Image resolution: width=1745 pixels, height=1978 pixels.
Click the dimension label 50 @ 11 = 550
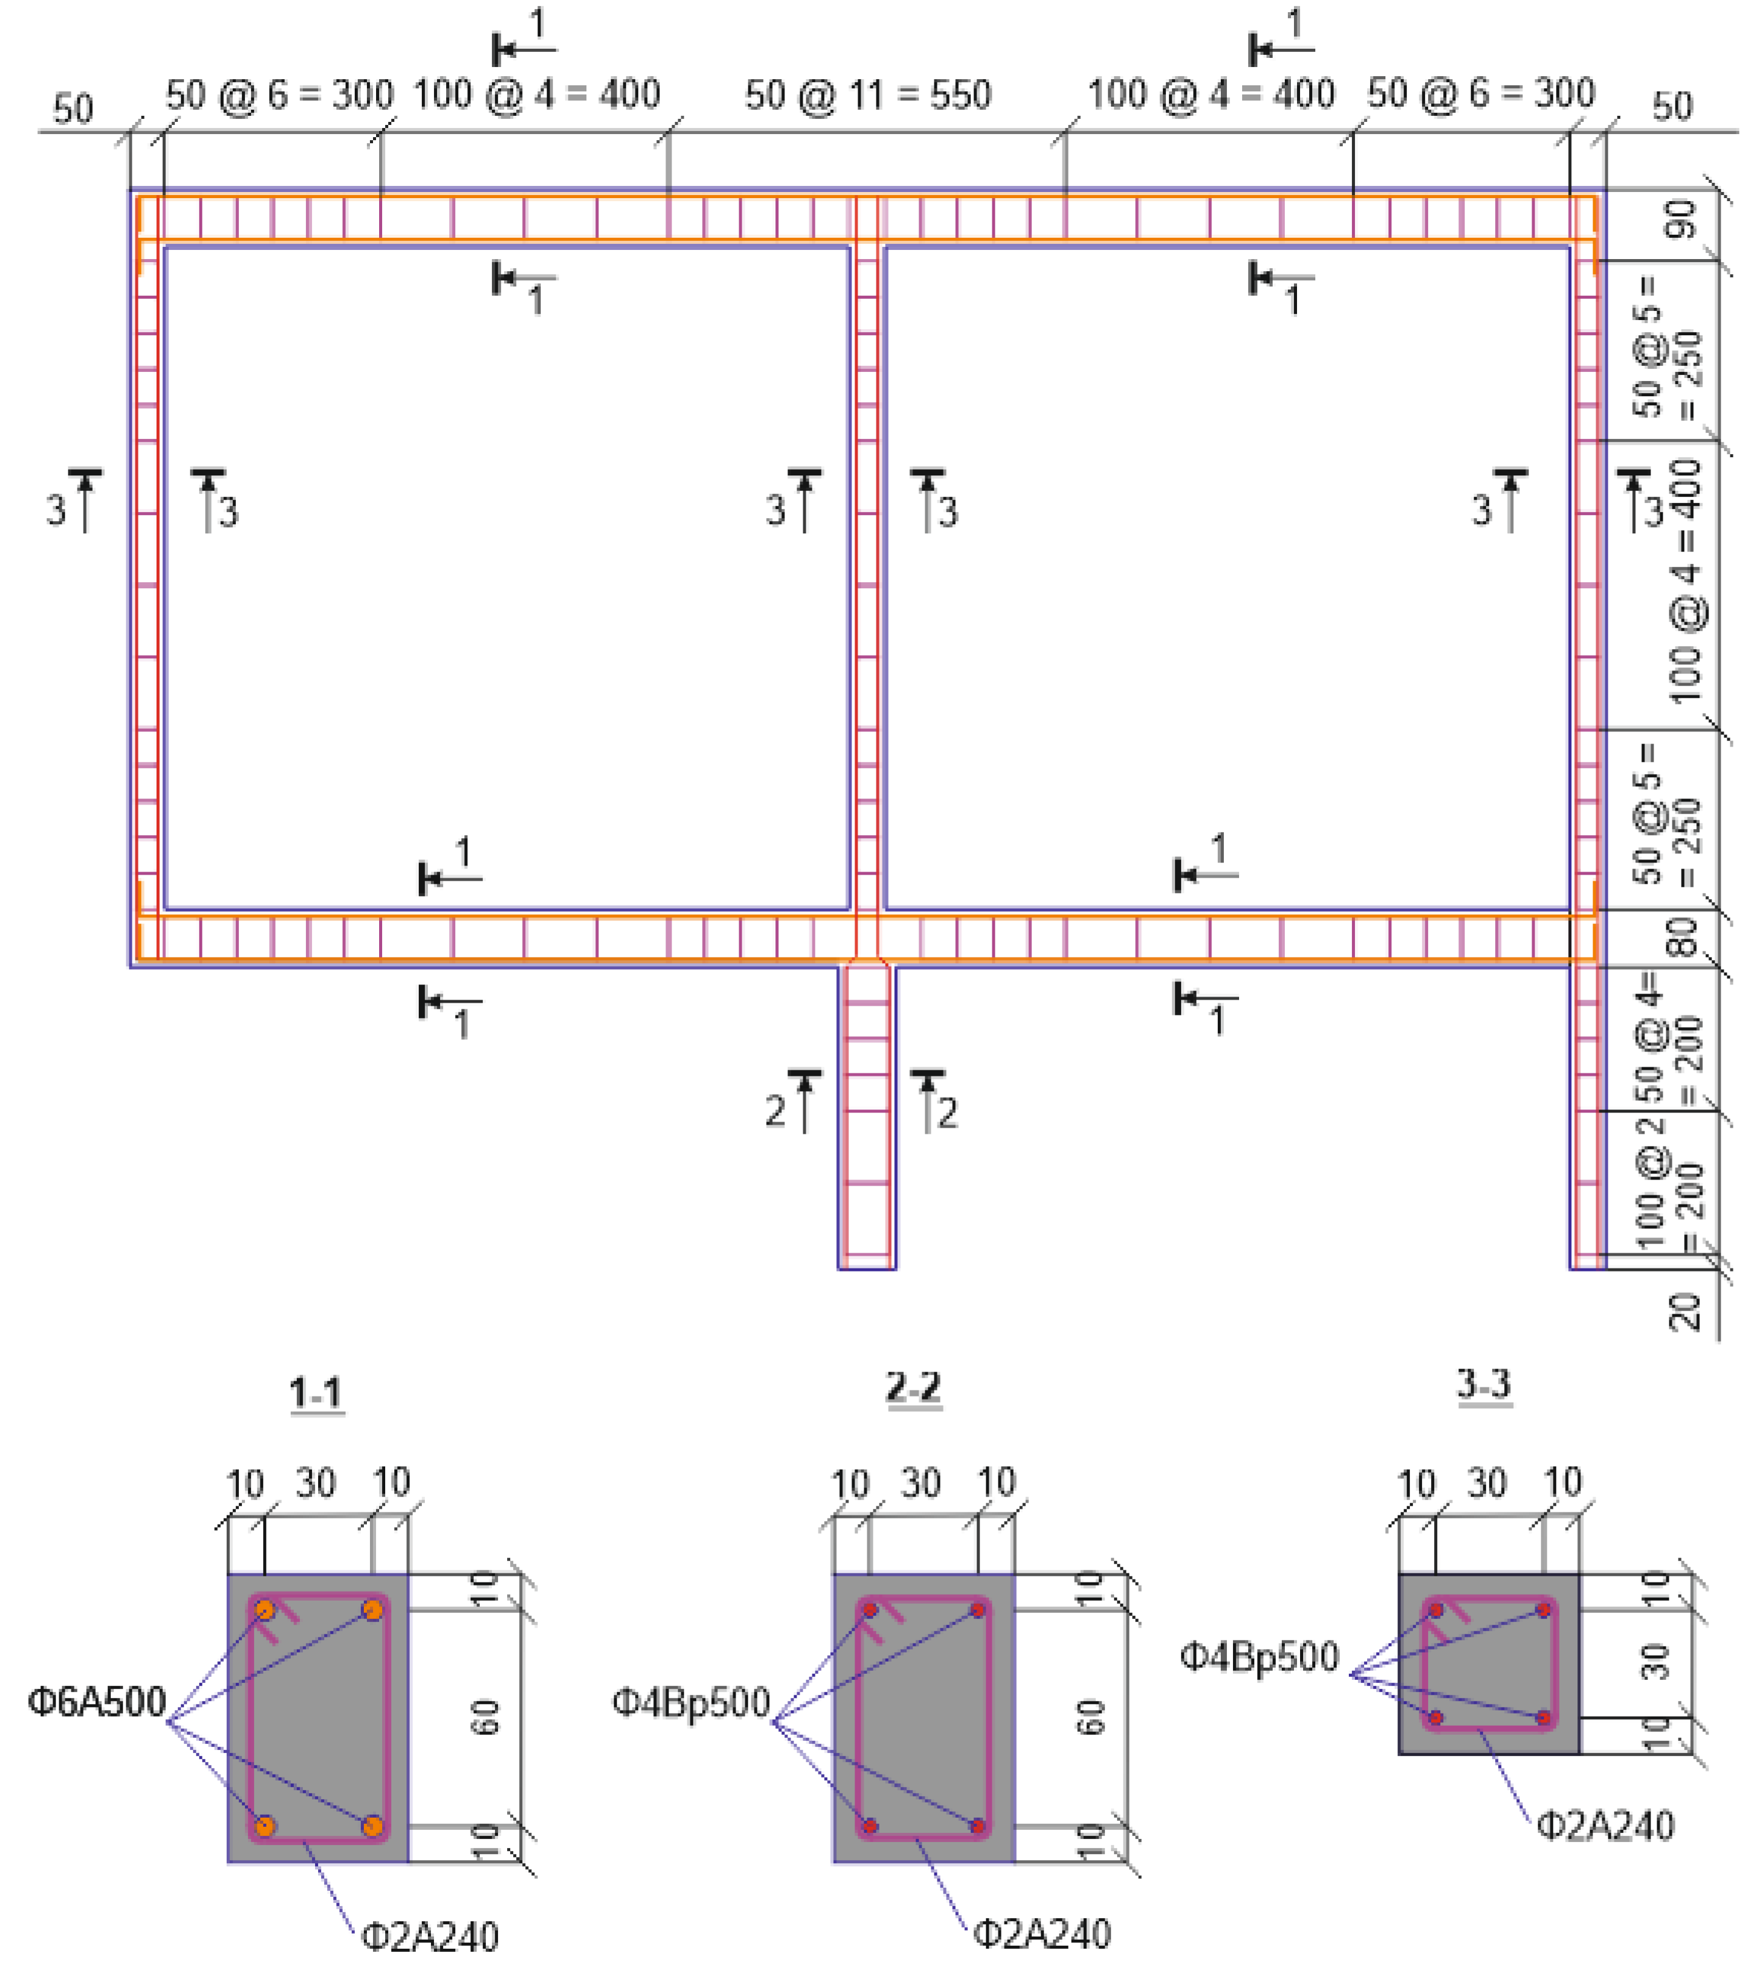tap(867, 95)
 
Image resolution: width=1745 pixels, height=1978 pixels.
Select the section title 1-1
tap(316, 1393)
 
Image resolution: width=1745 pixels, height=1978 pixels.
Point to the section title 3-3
tap(1483, 1384)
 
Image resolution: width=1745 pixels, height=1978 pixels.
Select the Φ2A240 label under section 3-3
tap(1605, 1825)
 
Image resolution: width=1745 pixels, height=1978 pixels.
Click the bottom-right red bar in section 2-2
tap(978, 1826)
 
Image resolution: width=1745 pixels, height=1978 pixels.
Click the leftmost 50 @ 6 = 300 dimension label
tap(279, 95)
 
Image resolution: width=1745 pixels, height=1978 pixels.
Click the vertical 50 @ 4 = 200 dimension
tap(1666, 1041)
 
